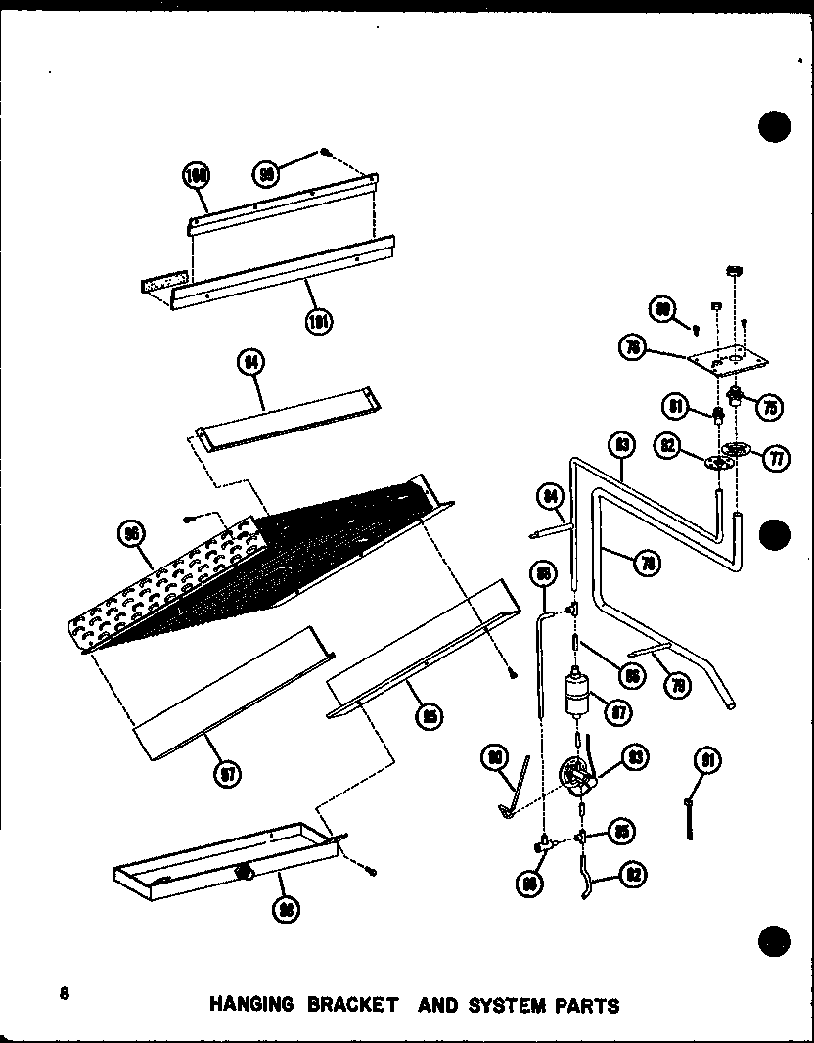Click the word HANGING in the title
coord(249,1005)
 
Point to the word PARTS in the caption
coord(588,1005)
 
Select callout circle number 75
coord(770,409)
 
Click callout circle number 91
coord(707,760)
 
